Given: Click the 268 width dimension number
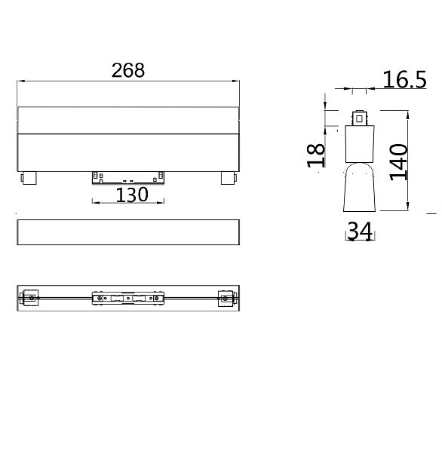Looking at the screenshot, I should (128, 70).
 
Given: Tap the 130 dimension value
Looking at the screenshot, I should (131, 195).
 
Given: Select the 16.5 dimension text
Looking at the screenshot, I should (404, 79).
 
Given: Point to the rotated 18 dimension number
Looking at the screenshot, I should (317, 155).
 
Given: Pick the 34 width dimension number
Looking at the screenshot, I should (359, 231).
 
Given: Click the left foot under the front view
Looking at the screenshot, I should (29, 178).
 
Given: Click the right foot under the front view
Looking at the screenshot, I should (228, 178).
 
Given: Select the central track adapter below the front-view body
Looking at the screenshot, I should (128, 177).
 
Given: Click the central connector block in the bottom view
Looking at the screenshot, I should (128, 299).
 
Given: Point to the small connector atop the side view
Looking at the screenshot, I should (361, 118).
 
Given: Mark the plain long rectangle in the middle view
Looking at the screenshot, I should (128, 232).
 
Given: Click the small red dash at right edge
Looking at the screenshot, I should (431, 214).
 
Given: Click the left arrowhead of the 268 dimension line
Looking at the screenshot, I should (20, 80).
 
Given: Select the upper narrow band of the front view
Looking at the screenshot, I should (128, 121).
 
